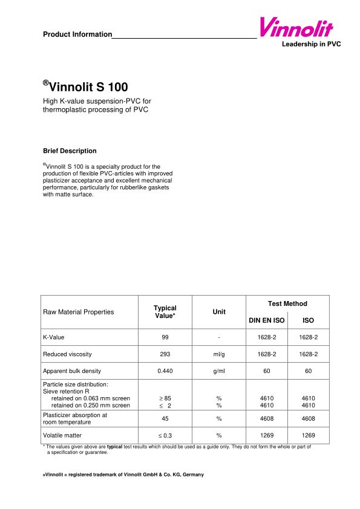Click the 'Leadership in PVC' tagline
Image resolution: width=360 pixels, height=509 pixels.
coord(311,45)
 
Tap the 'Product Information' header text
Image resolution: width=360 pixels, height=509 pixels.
coord(77,34)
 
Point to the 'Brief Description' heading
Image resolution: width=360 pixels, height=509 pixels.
coord(70,151)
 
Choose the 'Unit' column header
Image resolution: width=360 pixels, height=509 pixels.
coord(219,312)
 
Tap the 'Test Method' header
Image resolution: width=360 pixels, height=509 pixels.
coord(287,303)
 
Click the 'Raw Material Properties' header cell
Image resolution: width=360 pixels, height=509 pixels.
coord(79,312)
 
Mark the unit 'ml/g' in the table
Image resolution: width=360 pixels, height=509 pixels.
coord(219,354)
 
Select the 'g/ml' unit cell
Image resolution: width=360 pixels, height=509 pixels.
coord(219,371)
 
